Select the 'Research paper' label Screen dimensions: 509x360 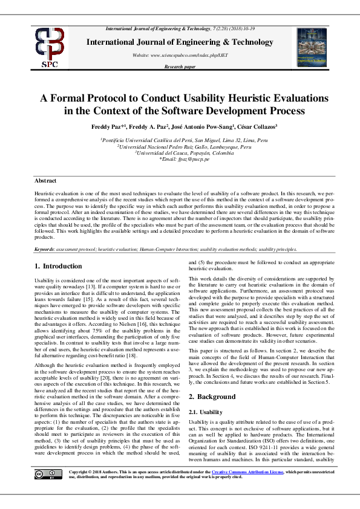point(180,67)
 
